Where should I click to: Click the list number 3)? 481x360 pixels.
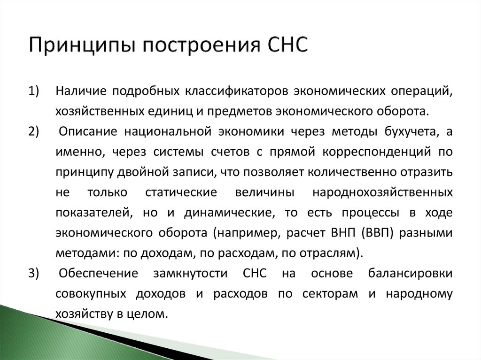[34, 274]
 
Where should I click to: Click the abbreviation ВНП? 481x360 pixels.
[347, 233]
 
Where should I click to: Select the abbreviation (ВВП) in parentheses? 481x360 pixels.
[379, 233]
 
